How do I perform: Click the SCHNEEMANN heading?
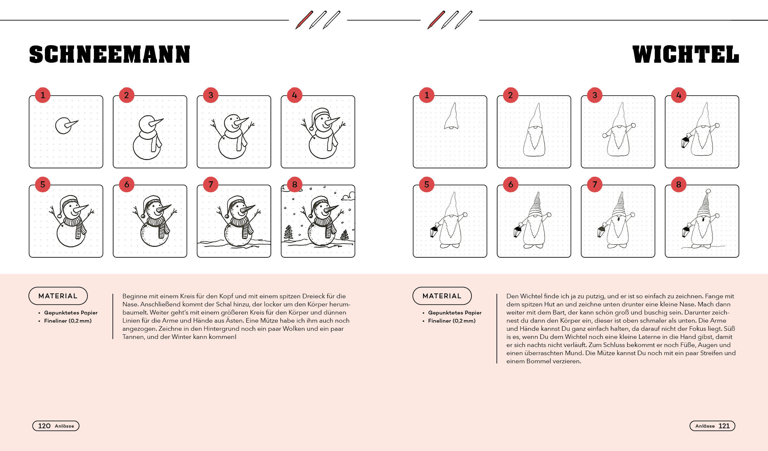pos(110,54)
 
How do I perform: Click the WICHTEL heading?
pos(686,54)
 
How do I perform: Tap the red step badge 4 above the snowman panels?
pos(295,95)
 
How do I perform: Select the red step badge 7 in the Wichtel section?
pos(595,185)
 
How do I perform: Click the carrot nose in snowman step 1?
pos(72,124)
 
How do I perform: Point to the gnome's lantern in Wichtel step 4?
pos(685,142)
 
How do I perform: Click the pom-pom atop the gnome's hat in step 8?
pos(708,191)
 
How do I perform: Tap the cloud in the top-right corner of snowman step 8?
pos(348,196)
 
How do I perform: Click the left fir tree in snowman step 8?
pos(288,233)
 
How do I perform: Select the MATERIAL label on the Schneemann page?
pos(58,296)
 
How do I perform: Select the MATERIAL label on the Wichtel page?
pos(442,296)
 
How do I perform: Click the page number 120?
pos(44,426)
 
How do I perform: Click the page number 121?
pos(724,426)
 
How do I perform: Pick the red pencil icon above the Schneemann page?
pos(304,20)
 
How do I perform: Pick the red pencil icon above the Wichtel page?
pos(436,20)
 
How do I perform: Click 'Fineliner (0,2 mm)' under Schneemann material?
pos(68,321)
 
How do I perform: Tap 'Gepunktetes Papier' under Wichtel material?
pos(455,313)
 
